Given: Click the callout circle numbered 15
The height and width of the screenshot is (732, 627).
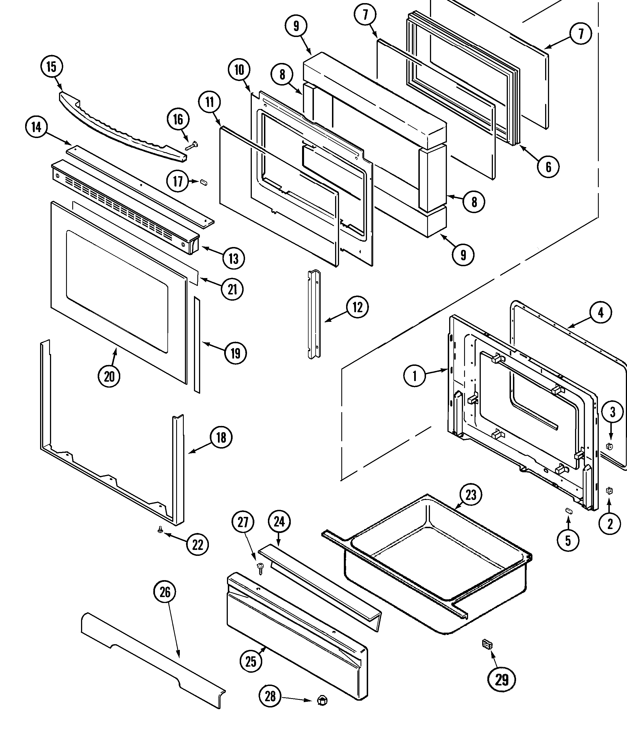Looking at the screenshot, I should click(52, 66).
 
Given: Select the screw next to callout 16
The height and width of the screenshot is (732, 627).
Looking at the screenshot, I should click(191, 146).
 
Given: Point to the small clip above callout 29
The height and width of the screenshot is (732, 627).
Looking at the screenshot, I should click(487, 644).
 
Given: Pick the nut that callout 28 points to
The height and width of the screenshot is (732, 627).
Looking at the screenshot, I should click(322, 701).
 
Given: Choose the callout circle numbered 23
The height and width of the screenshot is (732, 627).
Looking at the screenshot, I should click(471, 495).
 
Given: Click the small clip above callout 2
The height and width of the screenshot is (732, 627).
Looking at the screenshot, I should click(609, 491).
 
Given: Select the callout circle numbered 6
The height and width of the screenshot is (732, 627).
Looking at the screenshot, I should click(548, 167).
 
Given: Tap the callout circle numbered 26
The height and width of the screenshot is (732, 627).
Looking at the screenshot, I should click(165, 592).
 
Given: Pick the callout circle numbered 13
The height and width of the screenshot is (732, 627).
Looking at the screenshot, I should click(233, 259).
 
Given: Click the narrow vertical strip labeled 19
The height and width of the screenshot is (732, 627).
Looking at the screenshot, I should click(197, 344).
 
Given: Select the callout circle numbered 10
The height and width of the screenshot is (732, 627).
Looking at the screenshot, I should click(239, 70).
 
